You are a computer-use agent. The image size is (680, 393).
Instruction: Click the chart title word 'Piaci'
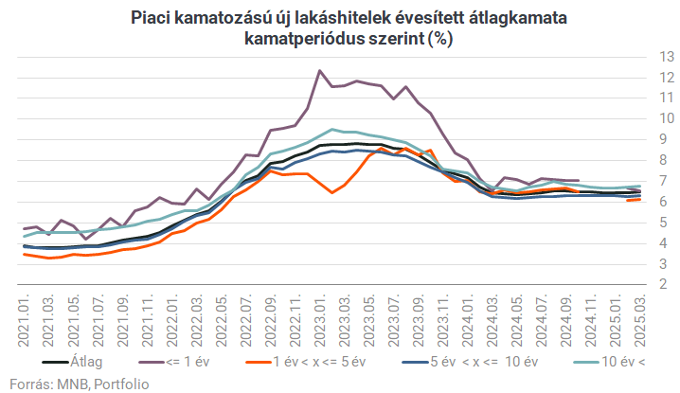coord(152,18)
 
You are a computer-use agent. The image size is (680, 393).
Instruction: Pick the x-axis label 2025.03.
coord(642,317)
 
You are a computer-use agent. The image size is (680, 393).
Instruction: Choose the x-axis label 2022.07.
coord(245,317)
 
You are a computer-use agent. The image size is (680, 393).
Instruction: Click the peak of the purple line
coord(319,71)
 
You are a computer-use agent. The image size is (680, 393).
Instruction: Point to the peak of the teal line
coord(331,129)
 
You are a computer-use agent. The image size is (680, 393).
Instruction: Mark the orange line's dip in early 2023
coord(331,192)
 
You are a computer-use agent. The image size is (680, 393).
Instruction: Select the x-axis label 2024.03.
coord(492,317)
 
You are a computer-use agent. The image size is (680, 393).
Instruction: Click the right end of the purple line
coord(578,180)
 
